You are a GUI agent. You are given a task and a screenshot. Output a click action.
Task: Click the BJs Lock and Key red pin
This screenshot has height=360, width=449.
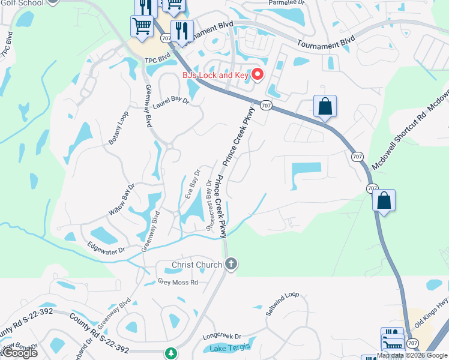pos(258,75)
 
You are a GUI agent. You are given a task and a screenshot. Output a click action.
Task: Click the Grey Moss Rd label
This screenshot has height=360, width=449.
pos(178,281)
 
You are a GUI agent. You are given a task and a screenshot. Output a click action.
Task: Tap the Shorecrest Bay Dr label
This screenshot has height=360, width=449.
pos(209,205)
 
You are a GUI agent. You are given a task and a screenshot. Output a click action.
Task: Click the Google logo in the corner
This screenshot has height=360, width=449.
pos(20,353)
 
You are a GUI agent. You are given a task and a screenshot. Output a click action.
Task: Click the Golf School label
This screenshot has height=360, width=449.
pos(22,3)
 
